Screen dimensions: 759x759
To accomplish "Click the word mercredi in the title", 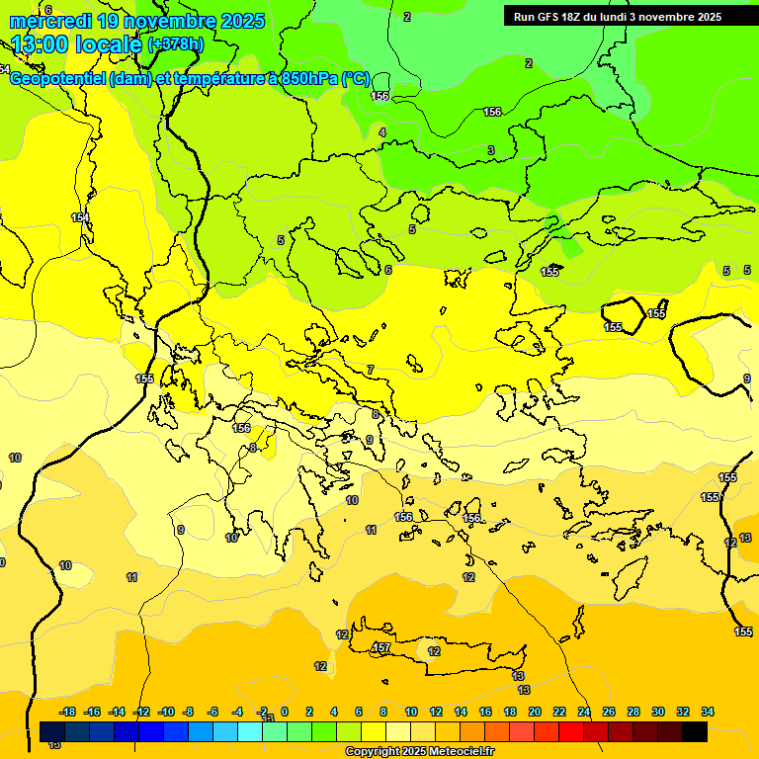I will [x=48, y=21].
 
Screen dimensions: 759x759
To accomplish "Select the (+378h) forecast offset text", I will [x=175, y=44].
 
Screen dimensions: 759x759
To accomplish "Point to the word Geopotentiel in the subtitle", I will [x=58, y=79].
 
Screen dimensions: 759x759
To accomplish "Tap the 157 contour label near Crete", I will [x=381, y=648].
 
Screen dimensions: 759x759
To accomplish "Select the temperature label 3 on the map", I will [x=490, y=150].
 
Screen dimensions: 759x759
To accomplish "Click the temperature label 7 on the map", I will [x=371, y=370].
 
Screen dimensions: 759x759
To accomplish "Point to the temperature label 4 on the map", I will [x=382, y=132].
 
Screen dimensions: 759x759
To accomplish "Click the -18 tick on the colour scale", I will [x=67, y=712].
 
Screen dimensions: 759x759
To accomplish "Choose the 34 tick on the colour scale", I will [x=708, y=712].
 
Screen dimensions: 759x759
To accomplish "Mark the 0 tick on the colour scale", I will [x=285, y=712].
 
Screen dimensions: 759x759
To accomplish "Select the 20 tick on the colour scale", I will [x=534, y=712].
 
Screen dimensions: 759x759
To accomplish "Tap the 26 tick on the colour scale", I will [x=609, y=712].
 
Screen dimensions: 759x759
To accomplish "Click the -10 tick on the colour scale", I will [x=165, y=712].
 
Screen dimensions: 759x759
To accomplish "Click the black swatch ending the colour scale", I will [x=695, y=731].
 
